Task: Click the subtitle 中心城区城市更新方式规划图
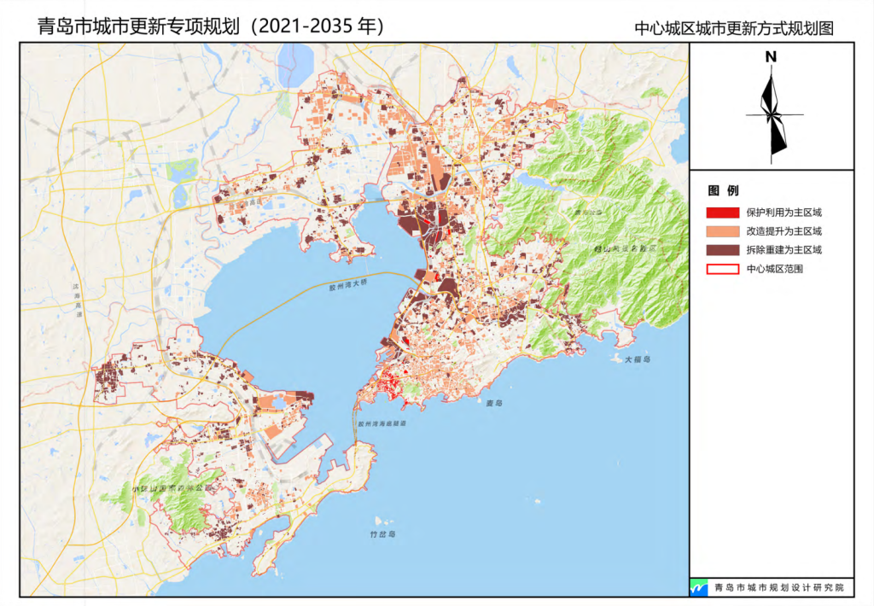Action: pyautogui.click(x=733, y=28)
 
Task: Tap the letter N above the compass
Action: pyautogui.click(x=771, y=57)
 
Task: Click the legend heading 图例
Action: pyautogui.click(x=723, y=189)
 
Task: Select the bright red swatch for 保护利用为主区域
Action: pyautogui.click(x=722, y=213)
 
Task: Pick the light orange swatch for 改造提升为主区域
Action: pyautogui.click(x=722, y=231)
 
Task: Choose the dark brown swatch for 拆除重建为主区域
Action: pyautogui.click(x=722, y=250)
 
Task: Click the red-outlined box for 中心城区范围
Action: pyautogui.click(x=722, y=269)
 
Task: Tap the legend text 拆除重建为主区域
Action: pyautogui.click(x=784, y=250)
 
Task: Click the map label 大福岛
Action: pyautogui.click(x=637, y=359)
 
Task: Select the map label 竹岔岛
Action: pyautogui.click(x=382, y=533)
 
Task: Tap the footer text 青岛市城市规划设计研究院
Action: pyautogui.click(x=778, y=588)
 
